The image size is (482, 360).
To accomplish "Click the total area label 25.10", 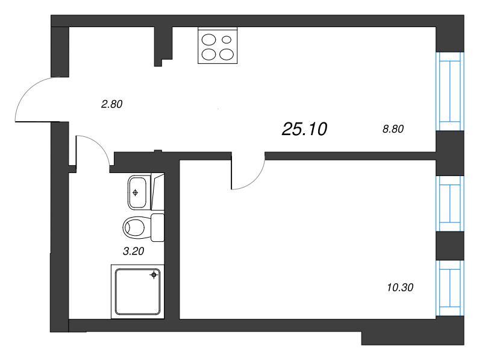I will [304, 128].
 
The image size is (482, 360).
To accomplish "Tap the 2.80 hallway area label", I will [111, 104].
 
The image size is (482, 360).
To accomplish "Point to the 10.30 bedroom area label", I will [401, 287].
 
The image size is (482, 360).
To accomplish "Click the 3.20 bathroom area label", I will [134, 252].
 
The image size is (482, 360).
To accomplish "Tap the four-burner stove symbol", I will [218, 46].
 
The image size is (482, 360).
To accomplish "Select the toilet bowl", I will [136, 227].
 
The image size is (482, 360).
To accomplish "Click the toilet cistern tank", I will [157, 227].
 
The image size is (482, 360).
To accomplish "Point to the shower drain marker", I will [154, 275].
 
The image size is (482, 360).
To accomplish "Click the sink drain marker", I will [136, 193].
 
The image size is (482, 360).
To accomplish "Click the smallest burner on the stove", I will [227, 40].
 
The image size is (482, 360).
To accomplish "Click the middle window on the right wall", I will [451, 203].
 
